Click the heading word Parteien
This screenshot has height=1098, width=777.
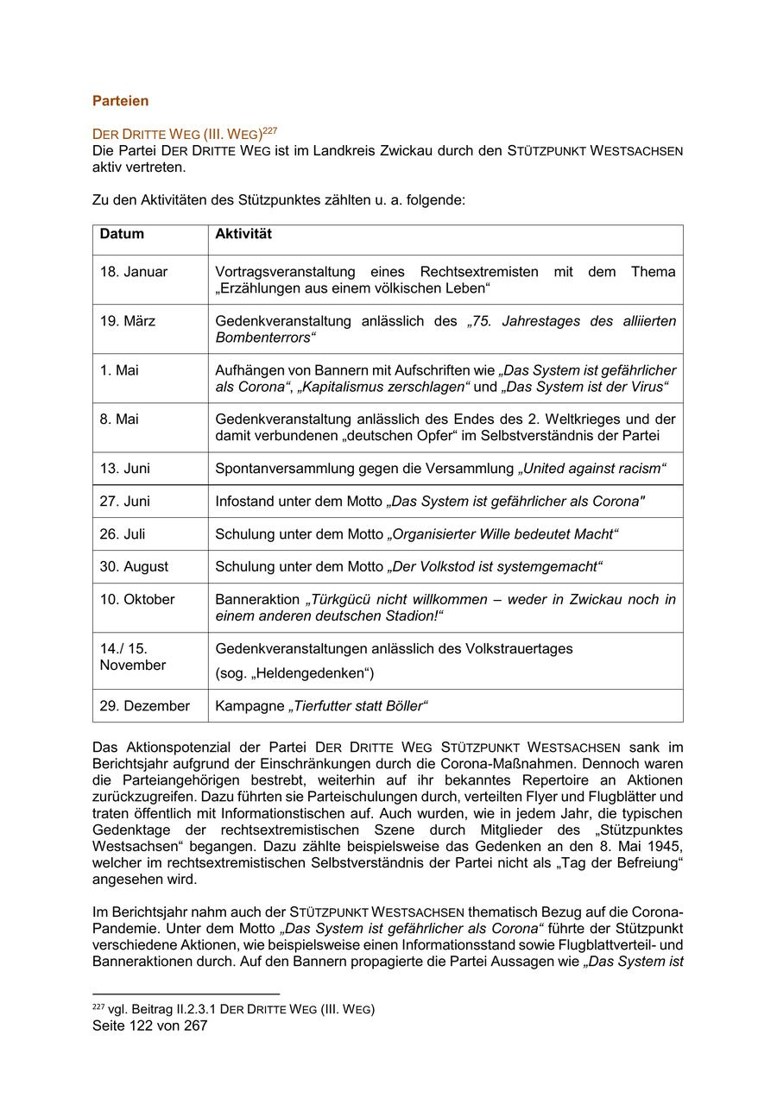pyautogui.click(x=120, y=101)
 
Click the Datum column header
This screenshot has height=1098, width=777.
pyautogui.click(x=122, y=234)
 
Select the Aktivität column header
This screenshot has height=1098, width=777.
pyautogui.click(x=243, y=234)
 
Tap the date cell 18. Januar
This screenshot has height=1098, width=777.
pyautogui.click(x=134, y=272)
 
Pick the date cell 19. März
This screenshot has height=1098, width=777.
pyautogui.click(x=128, y=321)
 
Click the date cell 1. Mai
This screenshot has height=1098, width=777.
pyautogui.click(x=119, y=370)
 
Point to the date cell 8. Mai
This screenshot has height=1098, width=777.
pyautogui.click(x=119, y=420)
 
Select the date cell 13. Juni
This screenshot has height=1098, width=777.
pyautogui.click(x=124, y=469)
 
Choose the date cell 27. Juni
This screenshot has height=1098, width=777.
pyautogui.click(x=124, y=502)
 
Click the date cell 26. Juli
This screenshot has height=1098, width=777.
pyautogui.click(x=123, y=534)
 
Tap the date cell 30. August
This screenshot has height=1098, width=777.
pyautogui.click(x=134, y=567)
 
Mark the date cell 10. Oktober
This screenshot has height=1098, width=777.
pyautogui.click(x=137, y=599)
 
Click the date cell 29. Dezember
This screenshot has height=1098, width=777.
pyautogui.click(x=144, y=706)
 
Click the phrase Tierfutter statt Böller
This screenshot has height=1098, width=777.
pyautogui.click(x=357, y=706)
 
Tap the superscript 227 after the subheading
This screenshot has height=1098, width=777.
pyautogui.click(x=269, y=130)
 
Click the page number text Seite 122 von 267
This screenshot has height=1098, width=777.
pyautogui.click(x=149, y=1026)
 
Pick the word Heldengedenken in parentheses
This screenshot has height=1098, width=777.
pyautogui.click(x=298, y=673)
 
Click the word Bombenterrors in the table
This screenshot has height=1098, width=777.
pyautogui.click(x=263, y=338)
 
